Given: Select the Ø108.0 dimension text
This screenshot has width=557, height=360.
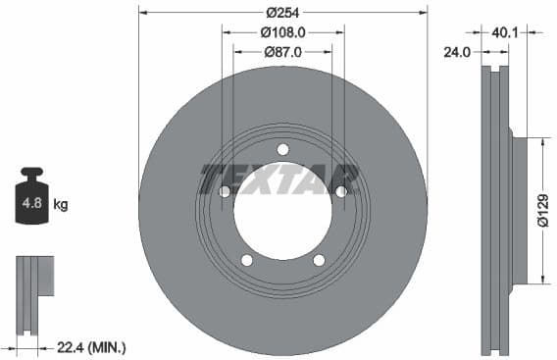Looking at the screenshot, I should coord(282,32).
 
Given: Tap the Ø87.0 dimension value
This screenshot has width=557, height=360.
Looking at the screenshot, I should coord(282,52).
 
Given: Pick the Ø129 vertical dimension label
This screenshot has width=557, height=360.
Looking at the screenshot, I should coord(542,209).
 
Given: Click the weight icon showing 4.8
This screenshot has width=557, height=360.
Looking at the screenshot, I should coord(32,201).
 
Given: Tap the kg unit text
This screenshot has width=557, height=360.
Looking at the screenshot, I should coord(61,205).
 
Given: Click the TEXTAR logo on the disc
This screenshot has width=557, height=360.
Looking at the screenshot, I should coord(280,179).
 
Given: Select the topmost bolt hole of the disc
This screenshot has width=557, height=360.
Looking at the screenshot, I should coord(282,149).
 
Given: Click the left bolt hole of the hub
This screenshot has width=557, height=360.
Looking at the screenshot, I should coord(225,191).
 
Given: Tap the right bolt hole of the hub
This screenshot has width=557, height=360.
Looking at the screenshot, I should coord(340,191).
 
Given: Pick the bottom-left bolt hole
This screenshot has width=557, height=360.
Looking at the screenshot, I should coord(247,260).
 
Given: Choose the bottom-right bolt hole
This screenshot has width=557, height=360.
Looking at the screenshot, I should coord(319,260).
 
